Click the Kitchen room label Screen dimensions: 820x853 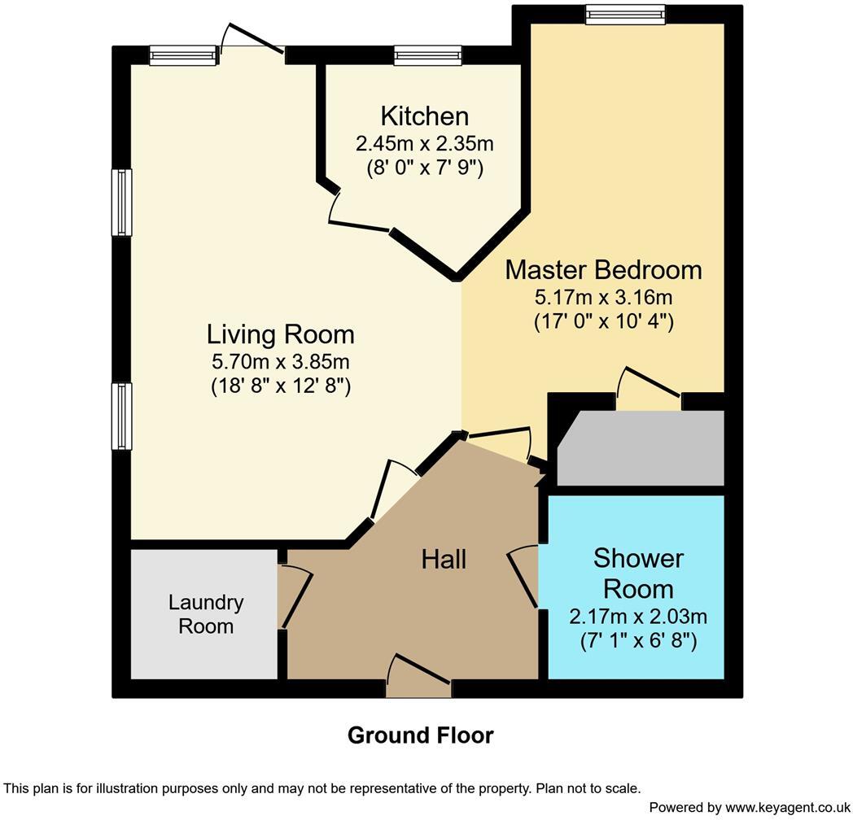click(x=424, y=116)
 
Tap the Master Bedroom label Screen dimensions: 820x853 click(x=603, y=269)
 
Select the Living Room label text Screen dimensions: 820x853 click(x=280, y=334)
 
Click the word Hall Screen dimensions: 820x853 click(x=444, y=559)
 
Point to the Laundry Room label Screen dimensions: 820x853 click(x=206, y=614)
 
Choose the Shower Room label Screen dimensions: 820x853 click(x=637, y=574)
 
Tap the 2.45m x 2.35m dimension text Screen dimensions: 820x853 click(x=424, y=144)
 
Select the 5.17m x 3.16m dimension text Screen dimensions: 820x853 click(x=603, y=296)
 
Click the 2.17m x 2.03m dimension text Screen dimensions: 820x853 click(x=637, y=616)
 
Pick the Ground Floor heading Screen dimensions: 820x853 click(x=420, y=735)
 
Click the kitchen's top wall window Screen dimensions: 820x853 click(x=428, y=55)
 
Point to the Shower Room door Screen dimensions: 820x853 click(x=525, y=576)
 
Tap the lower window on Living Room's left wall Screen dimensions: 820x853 click(x=121, y=417)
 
